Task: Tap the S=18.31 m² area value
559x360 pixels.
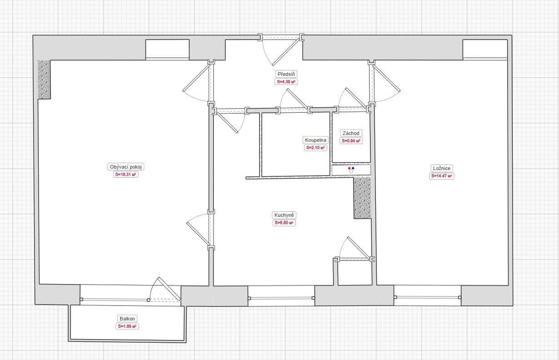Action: [x=126, y=174]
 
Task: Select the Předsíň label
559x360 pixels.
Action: [x=286, y=74]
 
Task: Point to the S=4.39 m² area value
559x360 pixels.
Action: [x=286, y=82]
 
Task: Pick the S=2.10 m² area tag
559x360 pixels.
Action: [x=315, y=148]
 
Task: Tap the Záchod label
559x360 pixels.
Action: [x=351, y=133]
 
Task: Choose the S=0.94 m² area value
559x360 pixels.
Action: [x=351, y=141]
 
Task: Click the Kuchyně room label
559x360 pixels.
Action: [x=285, y=215]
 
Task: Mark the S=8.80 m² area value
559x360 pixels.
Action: [x=285, y=223]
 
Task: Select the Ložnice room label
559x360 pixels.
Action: [x=442, y=168]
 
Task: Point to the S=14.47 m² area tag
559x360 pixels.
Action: [x=442, y=175]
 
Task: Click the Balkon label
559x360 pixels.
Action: [x=127, y=319]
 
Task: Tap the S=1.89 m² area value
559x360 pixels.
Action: [x=127, y=326]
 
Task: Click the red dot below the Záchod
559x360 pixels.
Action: [x=349, y=168]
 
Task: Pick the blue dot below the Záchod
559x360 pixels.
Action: [x=353, y=168]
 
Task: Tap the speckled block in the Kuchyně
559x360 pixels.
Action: [x=362, y=198]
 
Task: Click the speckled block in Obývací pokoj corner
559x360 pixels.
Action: [x=44, y=80]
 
